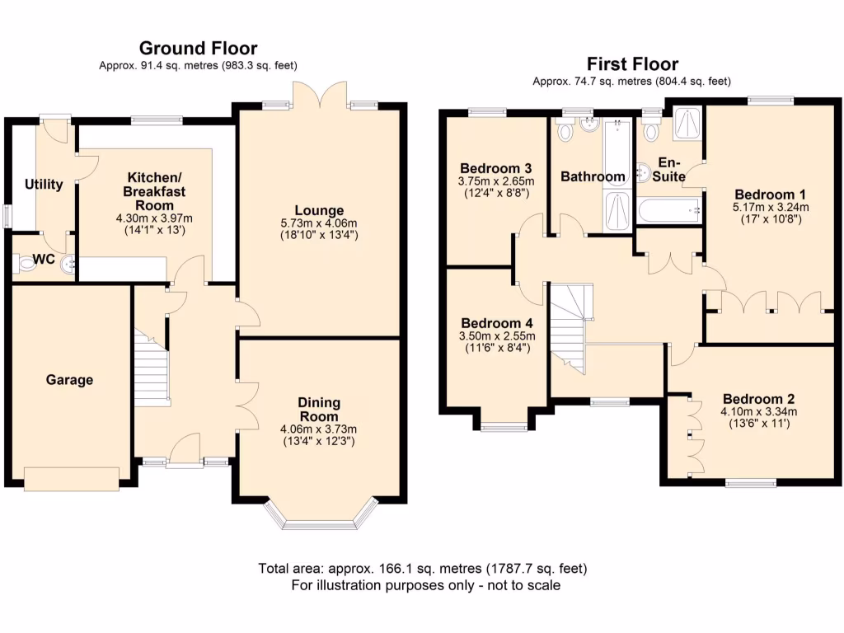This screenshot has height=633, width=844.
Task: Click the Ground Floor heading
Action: click(x=198, y=48)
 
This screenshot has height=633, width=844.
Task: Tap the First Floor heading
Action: click(x=631, y=63)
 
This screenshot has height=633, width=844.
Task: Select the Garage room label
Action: click(x=69, y=380)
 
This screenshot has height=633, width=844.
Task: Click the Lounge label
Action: click(x=317, y=210)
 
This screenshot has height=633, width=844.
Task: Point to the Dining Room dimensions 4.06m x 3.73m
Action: click(x=319, y=429)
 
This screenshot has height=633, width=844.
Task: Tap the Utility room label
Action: click(x=44, y=184)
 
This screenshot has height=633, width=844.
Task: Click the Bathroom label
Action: click(x=593, y=176)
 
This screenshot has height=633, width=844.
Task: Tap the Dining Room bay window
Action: click(x=319, y=519)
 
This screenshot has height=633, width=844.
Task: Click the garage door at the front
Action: click(x=71, y=476)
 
